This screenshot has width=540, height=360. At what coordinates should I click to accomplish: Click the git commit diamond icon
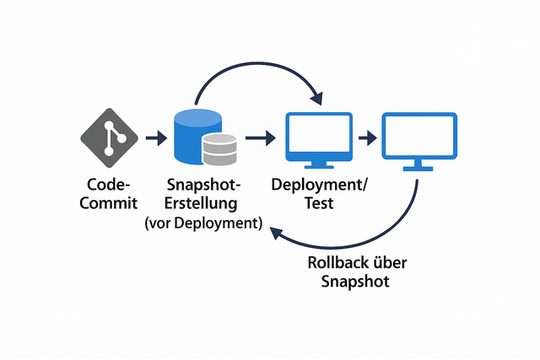point(111,137)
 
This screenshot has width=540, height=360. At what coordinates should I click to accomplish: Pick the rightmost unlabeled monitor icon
point(418,137)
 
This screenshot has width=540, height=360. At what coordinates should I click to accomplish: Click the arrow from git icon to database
point(154,137)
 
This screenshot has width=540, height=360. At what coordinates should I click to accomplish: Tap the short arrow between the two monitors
point(366,137)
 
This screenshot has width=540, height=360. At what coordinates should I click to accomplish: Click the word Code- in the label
point(109,185)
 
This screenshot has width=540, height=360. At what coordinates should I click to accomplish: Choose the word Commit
point(109,203)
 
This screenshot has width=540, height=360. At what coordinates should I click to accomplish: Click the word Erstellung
point(202,203)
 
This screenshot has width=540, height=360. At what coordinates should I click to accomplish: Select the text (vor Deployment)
point(203,223)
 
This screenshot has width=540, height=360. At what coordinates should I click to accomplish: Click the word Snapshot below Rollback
point(355,282)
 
